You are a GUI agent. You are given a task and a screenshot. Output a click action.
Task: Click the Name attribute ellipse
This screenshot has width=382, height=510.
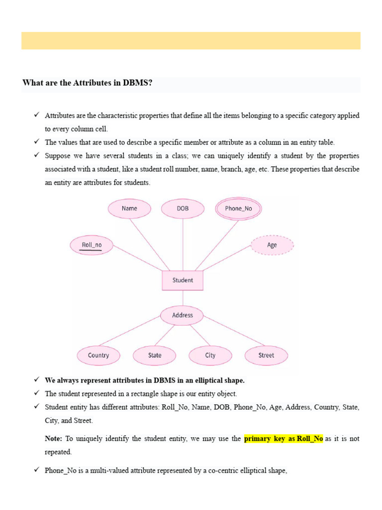129,209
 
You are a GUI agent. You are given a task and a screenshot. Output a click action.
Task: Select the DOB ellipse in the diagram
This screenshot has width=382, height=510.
183,209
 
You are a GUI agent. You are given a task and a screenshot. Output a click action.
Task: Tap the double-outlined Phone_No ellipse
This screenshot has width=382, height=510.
238,209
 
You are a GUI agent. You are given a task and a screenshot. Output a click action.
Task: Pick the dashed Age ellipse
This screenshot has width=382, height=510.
272,245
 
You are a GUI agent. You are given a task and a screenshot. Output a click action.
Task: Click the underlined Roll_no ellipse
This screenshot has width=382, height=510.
92,245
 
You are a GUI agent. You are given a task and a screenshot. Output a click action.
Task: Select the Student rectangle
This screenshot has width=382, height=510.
183,280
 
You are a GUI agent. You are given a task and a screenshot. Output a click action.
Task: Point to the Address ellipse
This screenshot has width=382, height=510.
183,315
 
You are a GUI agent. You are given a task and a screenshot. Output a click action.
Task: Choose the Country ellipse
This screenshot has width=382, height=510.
98,356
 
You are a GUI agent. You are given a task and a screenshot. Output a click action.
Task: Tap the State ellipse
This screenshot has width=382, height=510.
155,356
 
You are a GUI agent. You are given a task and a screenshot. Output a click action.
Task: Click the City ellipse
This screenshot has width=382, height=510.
210,356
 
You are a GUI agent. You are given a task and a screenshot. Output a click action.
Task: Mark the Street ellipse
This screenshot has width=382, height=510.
266,356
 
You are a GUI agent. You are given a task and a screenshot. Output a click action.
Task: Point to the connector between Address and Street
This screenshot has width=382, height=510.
234,335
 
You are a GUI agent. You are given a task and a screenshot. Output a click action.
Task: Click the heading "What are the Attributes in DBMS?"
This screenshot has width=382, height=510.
87,83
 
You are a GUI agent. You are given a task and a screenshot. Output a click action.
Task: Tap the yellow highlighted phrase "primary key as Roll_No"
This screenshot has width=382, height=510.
284,439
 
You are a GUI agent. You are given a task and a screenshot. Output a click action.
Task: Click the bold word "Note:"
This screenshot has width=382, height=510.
53,439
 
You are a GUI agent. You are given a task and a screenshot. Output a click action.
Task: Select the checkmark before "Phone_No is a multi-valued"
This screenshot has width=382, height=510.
37,470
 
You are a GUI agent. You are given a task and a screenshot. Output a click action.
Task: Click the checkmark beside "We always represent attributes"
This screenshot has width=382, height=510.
37,380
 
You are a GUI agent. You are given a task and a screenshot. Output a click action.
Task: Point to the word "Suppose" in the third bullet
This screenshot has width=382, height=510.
57,156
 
